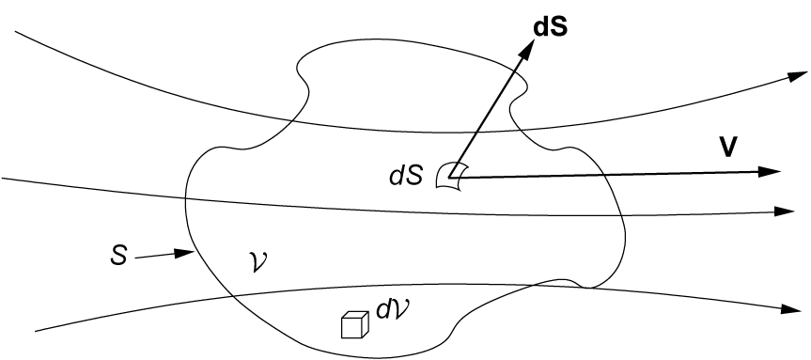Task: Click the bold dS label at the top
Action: click(552, 27)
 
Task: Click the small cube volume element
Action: click(353, 324)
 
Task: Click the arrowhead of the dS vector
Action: click(522, 45)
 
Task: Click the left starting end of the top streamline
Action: click(16, 31)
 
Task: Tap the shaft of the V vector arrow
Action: click(611, 174)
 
